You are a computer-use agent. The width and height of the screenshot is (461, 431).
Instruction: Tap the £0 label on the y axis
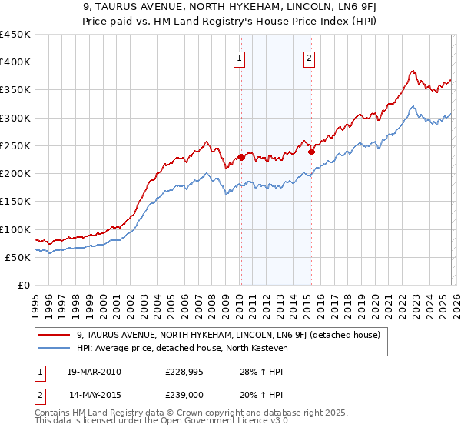pyautogui.click(x=23, y=286)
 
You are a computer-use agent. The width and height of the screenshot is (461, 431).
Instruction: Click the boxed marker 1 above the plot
pyautogui.click(x=239, y=57)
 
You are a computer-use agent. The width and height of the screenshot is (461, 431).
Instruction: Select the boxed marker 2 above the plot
pyautogui.click(x=309, y=57)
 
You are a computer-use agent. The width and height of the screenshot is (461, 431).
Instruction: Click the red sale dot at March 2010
pyautogui.click(x=240, y=157)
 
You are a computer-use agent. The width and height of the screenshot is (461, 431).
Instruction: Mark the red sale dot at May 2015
pyautogui.click(x=311, y=152)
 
